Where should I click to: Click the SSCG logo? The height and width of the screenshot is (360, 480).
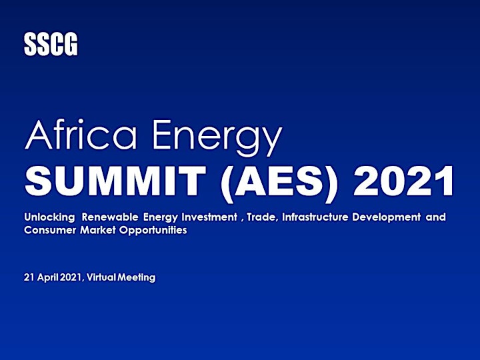click(51, 45)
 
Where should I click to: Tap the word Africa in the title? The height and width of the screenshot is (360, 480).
click(81, 135)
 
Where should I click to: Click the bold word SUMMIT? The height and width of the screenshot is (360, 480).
click(115, 181)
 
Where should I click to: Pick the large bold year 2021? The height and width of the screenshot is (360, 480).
click(403, 181)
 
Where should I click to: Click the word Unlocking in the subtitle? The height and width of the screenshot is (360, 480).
click(49, 217)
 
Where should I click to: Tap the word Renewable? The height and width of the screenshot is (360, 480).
click(110, 217)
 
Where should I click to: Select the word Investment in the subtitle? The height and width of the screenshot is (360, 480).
click(209, 217)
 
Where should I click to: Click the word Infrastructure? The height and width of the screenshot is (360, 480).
click(315, 217)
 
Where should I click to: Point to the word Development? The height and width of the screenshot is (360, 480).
click(386, 217)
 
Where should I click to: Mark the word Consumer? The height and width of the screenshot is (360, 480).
click(50, 230)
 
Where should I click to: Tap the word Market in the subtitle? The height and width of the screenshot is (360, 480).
click(98, 230)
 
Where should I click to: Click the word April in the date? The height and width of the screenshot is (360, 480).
click(48, 277)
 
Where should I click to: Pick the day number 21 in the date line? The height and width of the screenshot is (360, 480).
click(29, 277)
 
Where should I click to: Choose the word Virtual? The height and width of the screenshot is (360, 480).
click(101, 277)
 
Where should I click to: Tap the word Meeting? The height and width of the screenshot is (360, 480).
click(137, 277)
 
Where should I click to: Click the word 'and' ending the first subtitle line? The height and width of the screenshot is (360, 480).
click(435, 217)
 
